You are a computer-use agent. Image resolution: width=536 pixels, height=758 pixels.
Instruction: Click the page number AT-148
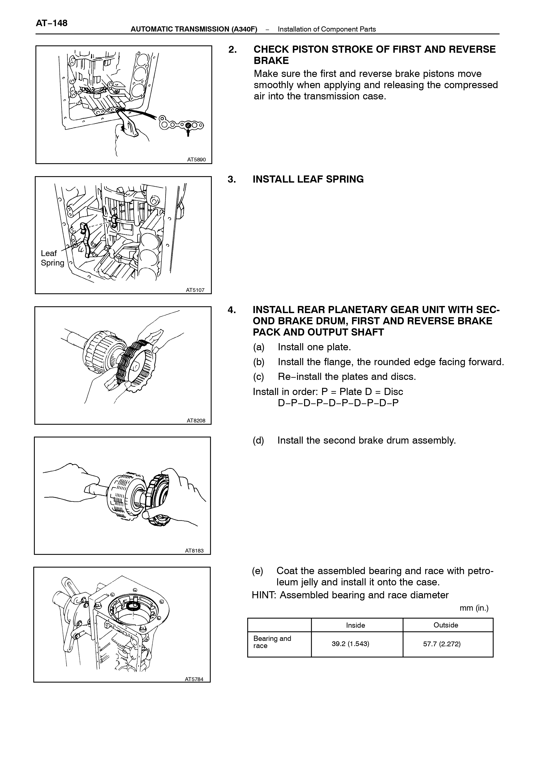[x=51, y=23]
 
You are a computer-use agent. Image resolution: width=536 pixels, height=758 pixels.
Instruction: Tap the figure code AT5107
[x=195, y=290]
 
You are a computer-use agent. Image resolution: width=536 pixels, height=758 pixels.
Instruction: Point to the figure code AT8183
[x=194, y=551]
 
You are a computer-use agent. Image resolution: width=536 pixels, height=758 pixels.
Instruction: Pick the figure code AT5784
[x=194, y=679]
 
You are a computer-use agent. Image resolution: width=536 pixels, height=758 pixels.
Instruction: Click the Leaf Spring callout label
[x=52, y=258]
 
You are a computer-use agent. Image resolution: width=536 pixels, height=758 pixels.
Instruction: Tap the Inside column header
[x=355, y=625]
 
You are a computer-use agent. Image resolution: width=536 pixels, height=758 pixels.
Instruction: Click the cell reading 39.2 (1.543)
[x=350, y=644]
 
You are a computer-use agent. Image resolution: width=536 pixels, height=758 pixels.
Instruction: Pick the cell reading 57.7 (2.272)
[x=442, y=644]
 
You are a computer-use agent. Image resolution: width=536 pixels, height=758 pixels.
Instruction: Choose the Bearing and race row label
[x=272, y=642]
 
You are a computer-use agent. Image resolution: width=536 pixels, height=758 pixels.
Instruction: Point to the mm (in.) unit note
[x=474, y=608]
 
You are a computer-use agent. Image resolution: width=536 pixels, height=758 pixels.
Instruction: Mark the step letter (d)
[x=258, y=440]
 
